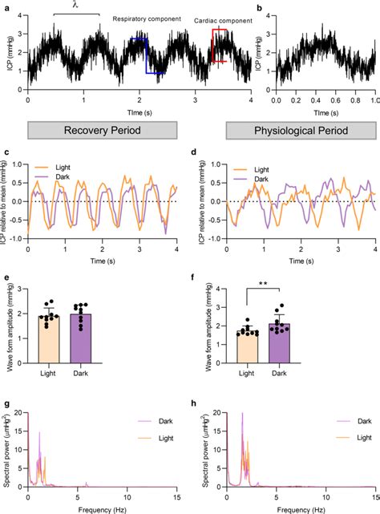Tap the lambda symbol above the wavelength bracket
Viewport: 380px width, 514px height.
click(x=76, y=6)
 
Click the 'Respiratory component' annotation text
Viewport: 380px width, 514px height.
click(x=146, y=18)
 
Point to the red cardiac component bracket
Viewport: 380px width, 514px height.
click(x=218, y=45)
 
